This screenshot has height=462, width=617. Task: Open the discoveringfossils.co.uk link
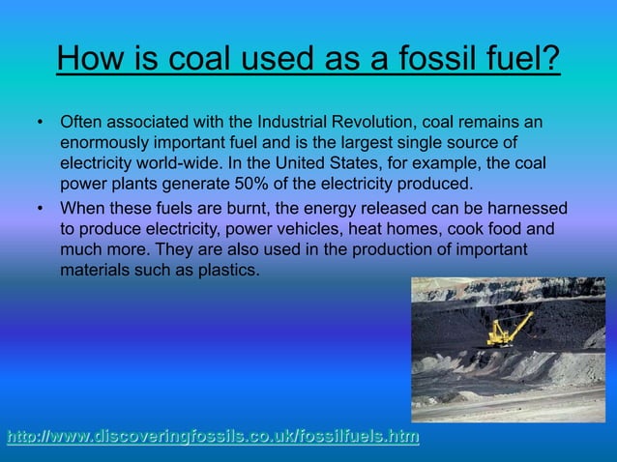pos(213,438)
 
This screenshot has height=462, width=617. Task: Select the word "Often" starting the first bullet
pos(80,124)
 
